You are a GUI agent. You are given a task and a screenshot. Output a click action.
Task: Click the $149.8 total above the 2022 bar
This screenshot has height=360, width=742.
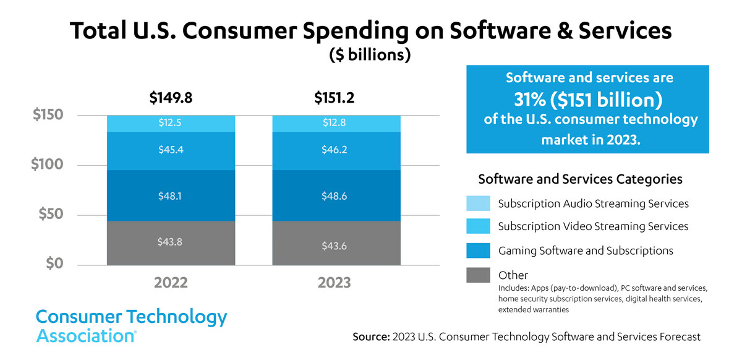click(x=171, y=98)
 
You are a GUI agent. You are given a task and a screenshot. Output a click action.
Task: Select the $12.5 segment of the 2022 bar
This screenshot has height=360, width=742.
click(x=171, y=124)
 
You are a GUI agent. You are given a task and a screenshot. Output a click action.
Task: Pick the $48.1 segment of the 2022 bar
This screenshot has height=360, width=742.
click(x=171, y=196)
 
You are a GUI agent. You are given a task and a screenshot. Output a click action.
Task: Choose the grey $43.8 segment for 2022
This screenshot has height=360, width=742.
click(x=171, y=242)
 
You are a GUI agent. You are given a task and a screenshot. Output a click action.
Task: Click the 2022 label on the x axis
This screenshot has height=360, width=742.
click(x=171, y=283)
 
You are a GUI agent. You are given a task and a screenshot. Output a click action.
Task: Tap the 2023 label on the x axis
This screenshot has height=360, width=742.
click(x=335, y=283)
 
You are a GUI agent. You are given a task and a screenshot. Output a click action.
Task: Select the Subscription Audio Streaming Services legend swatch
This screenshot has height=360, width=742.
click(x=478, y=203)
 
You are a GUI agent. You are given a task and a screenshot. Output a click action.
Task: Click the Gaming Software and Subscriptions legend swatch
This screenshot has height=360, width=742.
click(x=478, y=250)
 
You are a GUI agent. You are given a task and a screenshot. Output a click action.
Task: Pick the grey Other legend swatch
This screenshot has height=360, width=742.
click(x=478, y=274)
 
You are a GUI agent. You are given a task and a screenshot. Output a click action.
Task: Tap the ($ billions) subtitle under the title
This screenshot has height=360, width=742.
click(x=370, y=55)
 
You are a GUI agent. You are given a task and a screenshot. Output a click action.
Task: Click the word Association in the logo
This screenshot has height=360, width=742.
click(x=85, y=336)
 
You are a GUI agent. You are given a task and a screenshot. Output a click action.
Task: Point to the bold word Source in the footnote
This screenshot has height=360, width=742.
click(x=370, y=337)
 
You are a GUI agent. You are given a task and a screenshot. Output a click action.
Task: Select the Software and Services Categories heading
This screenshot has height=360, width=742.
click(x=580, y=179)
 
